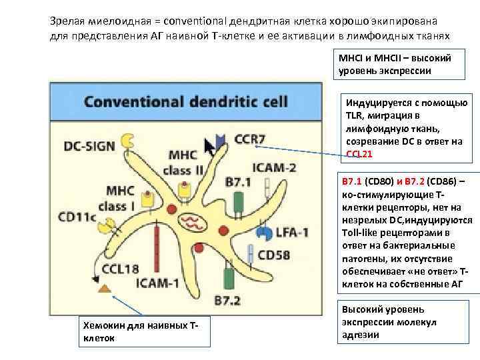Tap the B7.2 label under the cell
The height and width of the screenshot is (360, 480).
coord(227,300)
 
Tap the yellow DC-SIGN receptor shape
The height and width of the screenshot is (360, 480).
coord(127,142)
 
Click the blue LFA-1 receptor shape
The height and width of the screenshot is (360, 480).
coord(264,233)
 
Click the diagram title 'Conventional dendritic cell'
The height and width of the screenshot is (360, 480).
coord(185,102)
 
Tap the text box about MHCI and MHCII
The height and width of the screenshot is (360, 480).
coord(395,64)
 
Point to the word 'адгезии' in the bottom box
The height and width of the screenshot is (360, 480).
coord(361,335)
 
